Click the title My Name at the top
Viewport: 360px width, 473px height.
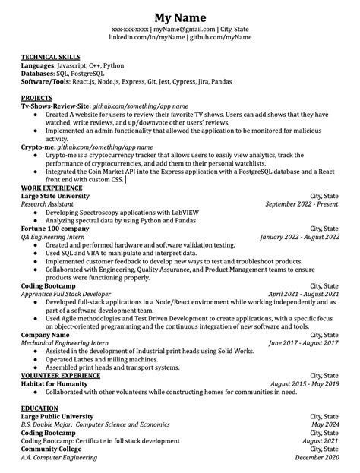(x=180, y=17)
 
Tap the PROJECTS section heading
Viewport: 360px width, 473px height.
(x=36, y=99)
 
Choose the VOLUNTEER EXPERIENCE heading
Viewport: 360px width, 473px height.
(x=60, y=375)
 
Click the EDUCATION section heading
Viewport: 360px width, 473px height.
(x=39, y=408)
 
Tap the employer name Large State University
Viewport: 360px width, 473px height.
(x=55, y=195)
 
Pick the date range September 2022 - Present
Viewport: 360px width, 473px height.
(x=302, y=203)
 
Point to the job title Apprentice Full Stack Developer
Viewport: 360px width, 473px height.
(x=66, y=294)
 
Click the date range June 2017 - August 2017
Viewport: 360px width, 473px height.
(x=304, y=343)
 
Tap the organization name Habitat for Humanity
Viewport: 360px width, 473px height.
(x=54, y=384)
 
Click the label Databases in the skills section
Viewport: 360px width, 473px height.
(x=39, y=74)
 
